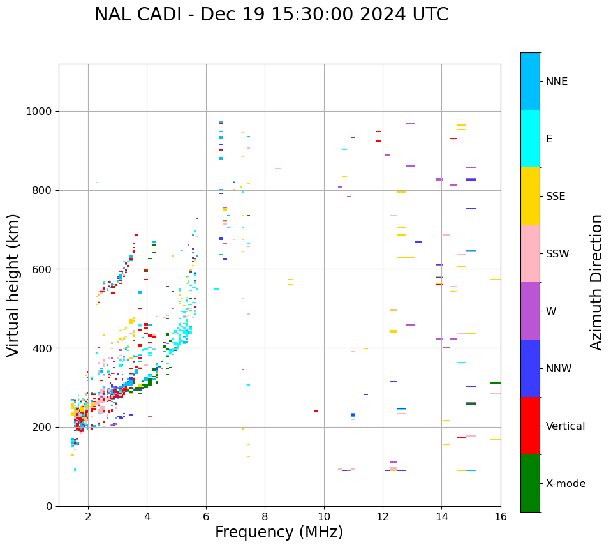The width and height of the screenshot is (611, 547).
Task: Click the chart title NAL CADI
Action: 271,15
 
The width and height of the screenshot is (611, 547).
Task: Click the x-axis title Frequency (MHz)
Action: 279,532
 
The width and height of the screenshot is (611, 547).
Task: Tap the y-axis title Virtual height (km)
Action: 13,285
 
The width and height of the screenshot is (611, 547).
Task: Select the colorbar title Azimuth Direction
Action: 596,282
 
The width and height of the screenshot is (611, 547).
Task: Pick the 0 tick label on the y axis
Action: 48,506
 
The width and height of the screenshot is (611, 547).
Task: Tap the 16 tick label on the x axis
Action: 501,516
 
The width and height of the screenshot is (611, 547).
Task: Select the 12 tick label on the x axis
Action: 383,516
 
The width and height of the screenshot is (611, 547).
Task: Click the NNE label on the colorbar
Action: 556,82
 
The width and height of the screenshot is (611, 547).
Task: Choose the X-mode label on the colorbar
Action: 565,484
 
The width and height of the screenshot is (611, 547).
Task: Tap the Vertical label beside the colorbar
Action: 565,426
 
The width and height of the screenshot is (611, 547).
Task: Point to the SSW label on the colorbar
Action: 557,254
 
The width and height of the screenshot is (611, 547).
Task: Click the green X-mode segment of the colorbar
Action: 530,483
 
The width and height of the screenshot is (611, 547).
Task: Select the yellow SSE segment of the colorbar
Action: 530,196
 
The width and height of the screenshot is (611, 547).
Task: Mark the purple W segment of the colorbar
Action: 530,311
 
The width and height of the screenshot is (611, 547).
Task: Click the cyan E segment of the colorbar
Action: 530,139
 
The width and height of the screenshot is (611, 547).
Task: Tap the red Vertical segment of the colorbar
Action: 530,426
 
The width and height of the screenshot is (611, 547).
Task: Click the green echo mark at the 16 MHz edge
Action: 495,383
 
